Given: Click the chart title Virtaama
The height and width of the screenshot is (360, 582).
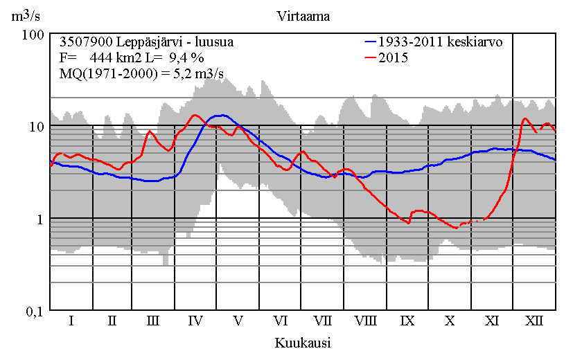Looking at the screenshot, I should (x=303, y=16).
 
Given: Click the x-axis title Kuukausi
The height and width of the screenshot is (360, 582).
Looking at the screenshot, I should (x=302, y=343).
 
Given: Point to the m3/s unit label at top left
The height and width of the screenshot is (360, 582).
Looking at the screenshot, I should (x=26, y=16).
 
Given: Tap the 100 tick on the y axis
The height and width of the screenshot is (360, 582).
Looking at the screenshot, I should (x=35, y=34).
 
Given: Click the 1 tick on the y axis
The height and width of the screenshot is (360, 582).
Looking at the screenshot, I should (x=41, y=219).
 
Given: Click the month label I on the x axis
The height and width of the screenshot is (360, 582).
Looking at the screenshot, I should (x=71, y=321).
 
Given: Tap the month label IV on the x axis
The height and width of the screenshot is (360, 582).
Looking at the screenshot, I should (x=195, y=321).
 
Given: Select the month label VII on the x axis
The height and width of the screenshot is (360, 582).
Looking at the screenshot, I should (x=322, y=321).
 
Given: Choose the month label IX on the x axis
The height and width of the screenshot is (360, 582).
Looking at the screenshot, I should (x=407, y=321).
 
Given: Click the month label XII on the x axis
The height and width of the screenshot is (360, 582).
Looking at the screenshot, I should (x=533, y=321).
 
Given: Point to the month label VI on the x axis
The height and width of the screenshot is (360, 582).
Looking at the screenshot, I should (x=281, y=321).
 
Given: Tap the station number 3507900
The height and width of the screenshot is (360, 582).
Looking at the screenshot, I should (x=84, y=42).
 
